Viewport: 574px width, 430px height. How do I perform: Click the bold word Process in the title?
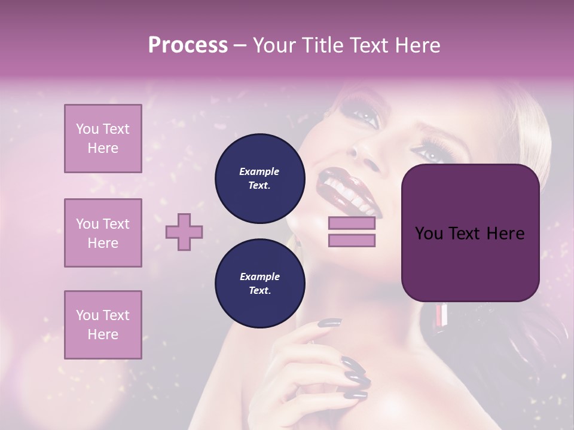(x=188, y=45)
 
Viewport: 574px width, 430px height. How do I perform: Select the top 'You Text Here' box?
(x=103, y=139)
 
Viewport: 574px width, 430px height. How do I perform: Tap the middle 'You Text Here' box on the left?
(x=103, y=233)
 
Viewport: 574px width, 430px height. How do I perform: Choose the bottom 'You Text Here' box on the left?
(x=103, y=324)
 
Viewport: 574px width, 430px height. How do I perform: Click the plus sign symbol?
(x=184, y=232)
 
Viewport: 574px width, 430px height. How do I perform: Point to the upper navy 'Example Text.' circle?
(x=259, y=178)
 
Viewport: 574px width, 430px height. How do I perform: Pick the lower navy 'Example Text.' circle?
(x=259, y=283)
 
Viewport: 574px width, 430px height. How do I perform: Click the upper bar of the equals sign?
(x=352, y=223)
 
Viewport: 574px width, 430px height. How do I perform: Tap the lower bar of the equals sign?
(x=352, y=240)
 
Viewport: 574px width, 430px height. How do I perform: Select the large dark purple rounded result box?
(x=470, y=233)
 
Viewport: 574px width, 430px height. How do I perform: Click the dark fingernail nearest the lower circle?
(x=330, y=322)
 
